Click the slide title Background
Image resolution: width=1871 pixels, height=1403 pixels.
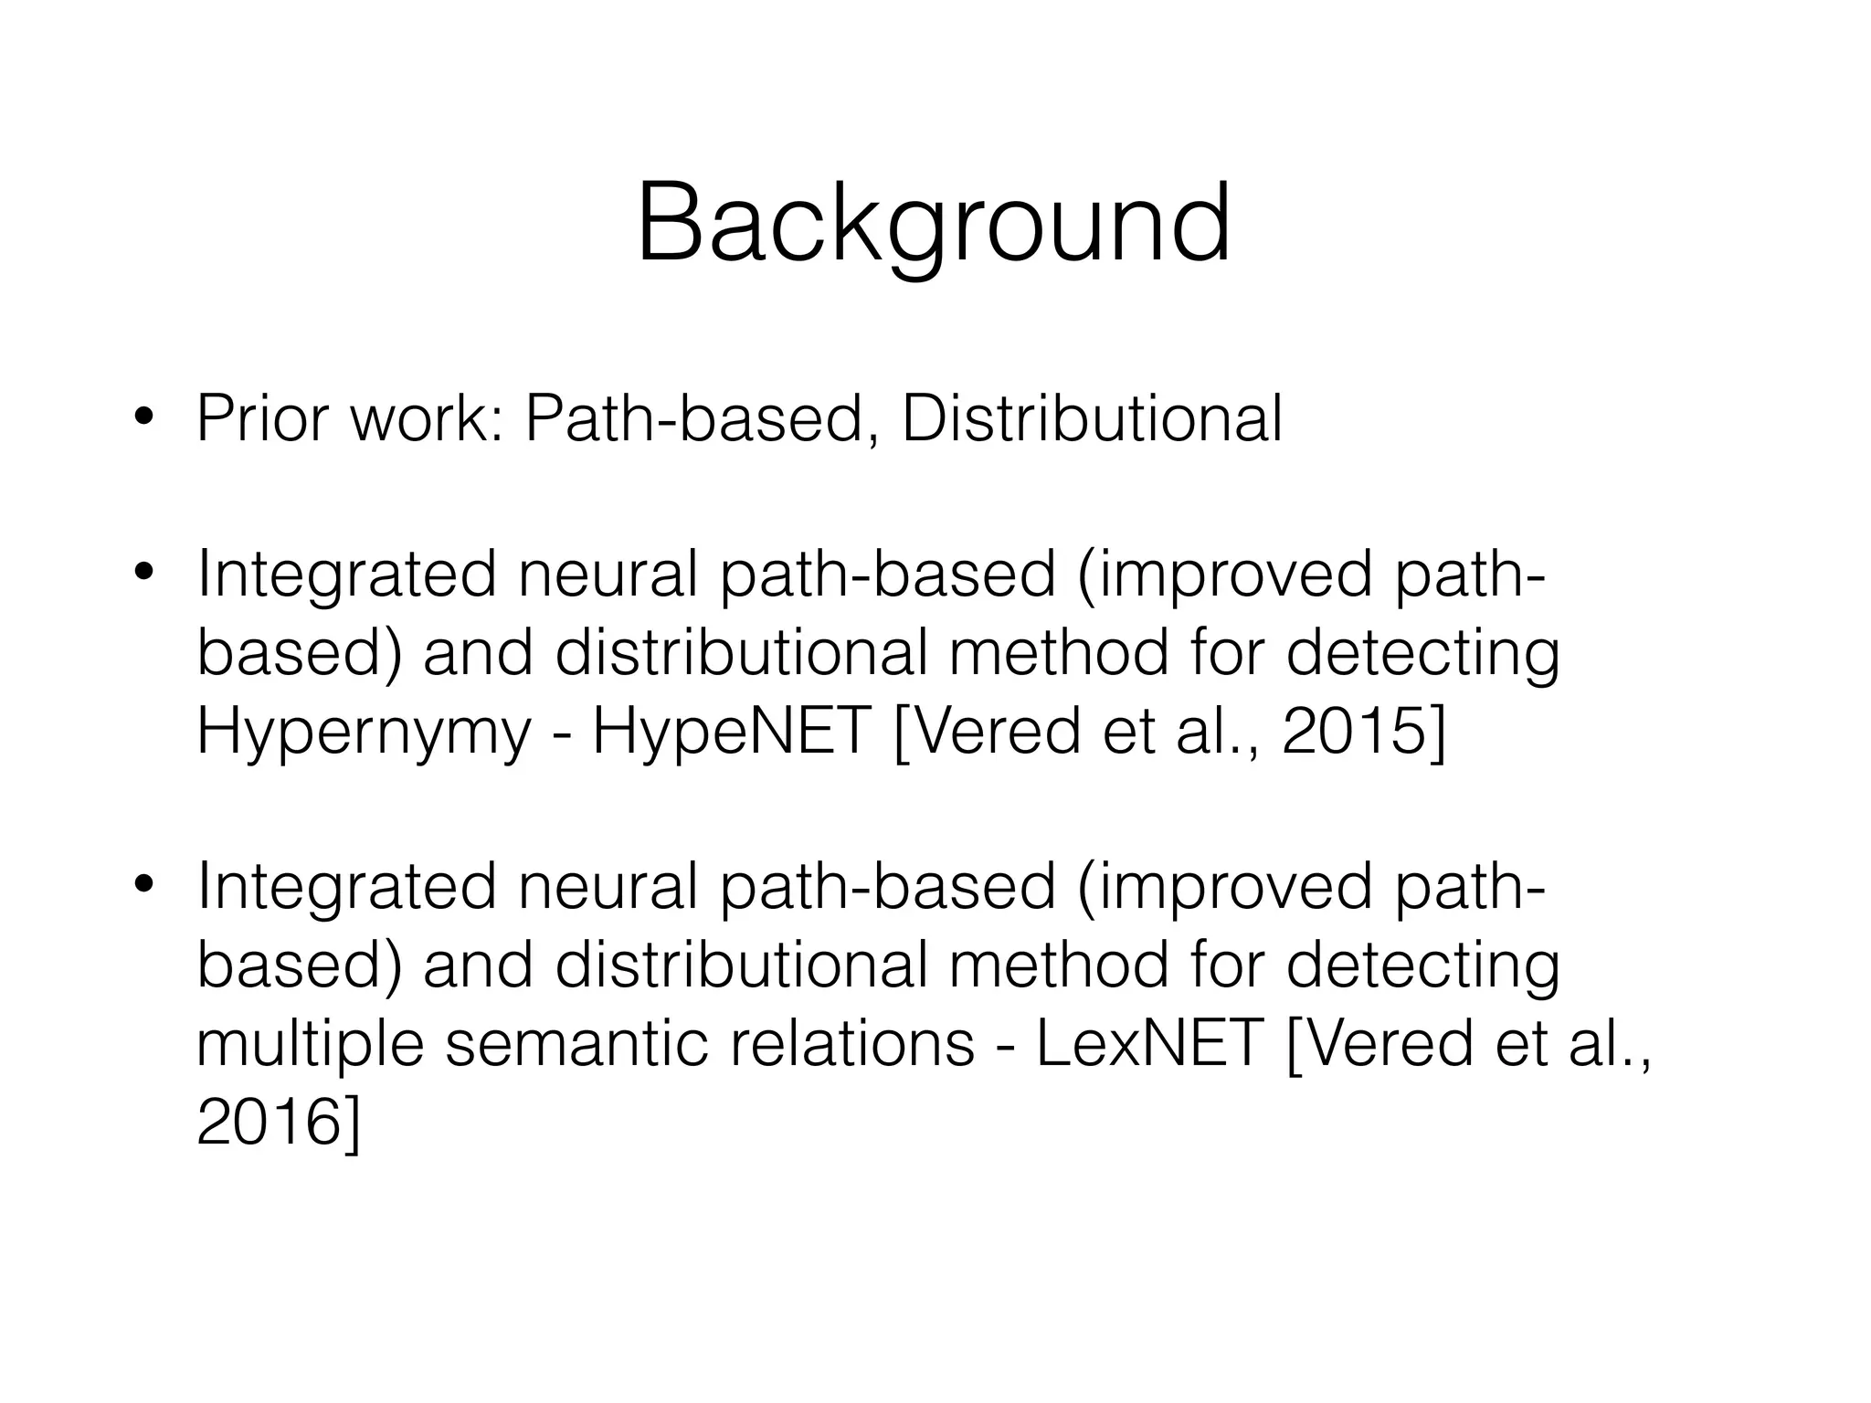click(x=934, y=224)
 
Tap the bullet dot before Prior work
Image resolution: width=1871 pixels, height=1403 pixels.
click(x=143, y=420)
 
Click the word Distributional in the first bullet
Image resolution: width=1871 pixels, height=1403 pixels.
click(x=1092, y=418)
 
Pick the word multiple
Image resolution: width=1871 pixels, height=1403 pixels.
click(x=311, y=1044)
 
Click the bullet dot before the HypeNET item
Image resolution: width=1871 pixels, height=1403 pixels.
click(x=143, y=575)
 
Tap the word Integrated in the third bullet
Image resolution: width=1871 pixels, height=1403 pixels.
click(x=346, y=885)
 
